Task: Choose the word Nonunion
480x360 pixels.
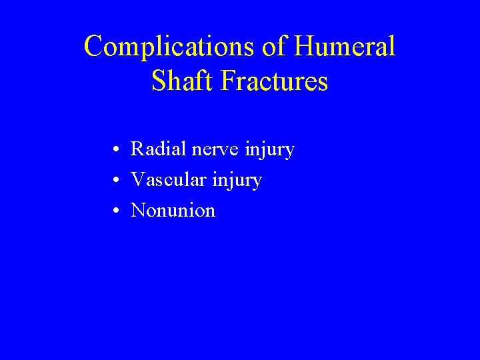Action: click(x=173, y=211)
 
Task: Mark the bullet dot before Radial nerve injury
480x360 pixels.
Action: click(x=116, y=150)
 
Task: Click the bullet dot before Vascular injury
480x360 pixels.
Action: click(x=116, y=181)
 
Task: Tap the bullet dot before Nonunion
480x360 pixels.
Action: click(x=116, y=211)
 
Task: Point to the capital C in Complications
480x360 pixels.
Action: click(x=94, y=47)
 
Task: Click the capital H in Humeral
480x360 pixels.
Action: click(x=307, y=47)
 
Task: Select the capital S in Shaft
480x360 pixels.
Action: click(x=159, y=81)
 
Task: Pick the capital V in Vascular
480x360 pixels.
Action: click(x=138, y=180)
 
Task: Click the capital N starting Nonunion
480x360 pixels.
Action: click(x=139, y=211)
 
